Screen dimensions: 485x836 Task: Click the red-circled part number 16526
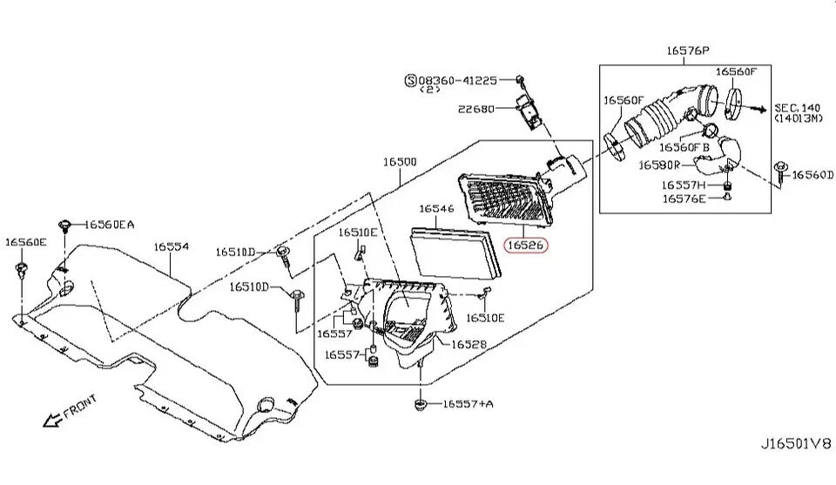(527, 246)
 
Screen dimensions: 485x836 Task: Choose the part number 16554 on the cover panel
(172, 247)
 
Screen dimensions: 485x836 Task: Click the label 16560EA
(110, 225)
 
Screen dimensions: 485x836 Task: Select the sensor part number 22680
(476, 109)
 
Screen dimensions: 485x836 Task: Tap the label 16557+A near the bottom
(468, 403)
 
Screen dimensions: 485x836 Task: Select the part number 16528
(469, 344)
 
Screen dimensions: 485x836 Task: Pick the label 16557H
(684, 185)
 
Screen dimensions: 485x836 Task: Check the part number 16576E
(684, 199)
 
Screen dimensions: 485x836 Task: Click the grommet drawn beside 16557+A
(420, 404)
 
